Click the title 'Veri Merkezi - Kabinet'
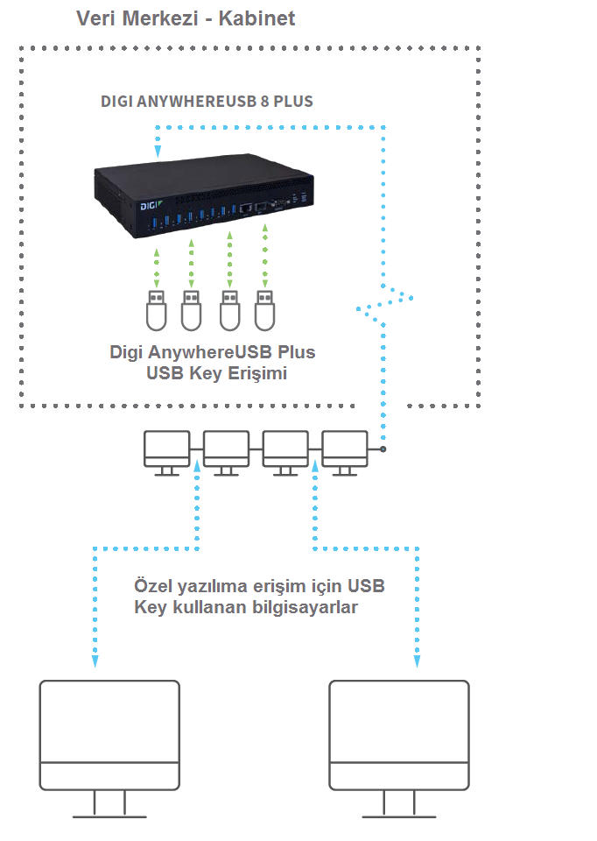click(186, 18)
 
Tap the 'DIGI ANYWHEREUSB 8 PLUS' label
click(207, 102)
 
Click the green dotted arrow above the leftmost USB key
click(156, 268)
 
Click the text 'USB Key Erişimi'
click(217, 373)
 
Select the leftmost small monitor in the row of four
click(166, 451)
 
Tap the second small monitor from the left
click(226, 451)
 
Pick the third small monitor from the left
click(284, 451)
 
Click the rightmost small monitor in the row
click(344, 451)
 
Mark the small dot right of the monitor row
click(383, 449)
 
